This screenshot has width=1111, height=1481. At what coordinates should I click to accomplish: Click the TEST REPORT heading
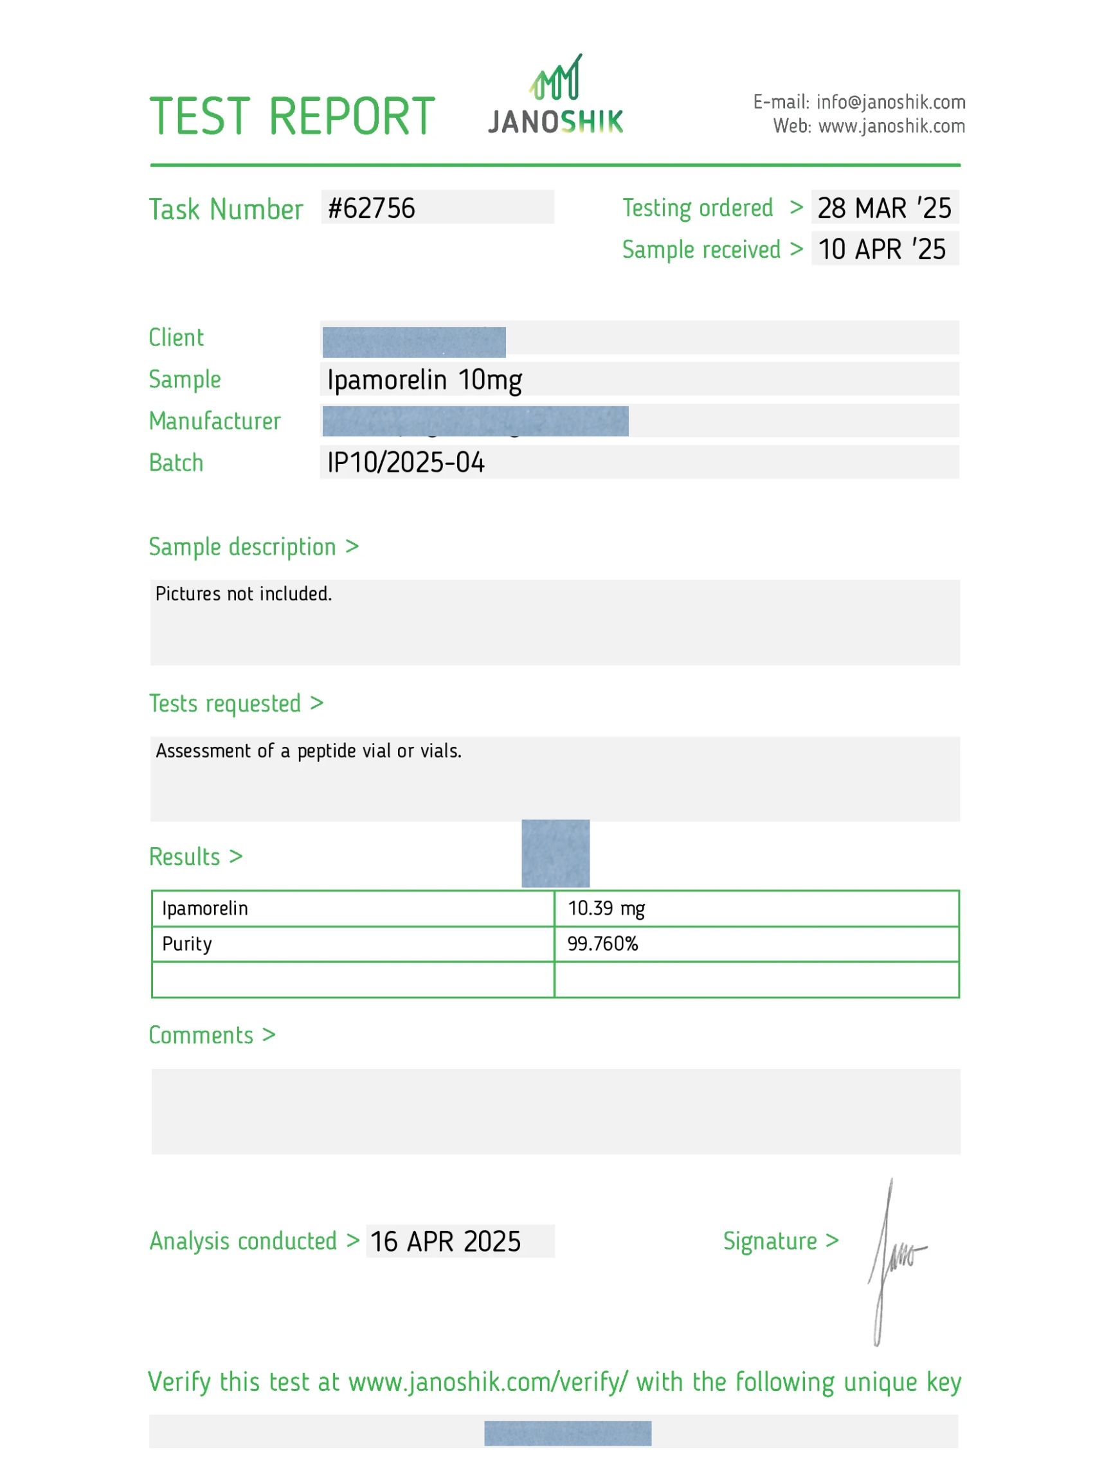coord(292,116)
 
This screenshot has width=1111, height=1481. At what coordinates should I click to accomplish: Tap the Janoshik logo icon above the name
coord(556,78)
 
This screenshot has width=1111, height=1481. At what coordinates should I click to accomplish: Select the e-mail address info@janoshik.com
coord(890,102)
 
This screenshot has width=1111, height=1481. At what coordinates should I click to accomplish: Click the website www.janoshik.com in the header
coord(890,127)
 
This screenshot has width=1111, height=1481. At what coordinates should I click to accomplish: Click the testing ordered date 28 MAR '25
coord(884,208)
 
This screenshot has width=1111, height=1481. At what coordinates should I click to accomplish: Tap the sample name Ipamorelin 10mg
coord(424,381)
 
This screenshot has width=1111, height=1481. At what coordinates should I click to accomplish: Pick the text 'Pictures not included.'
coord(244,594)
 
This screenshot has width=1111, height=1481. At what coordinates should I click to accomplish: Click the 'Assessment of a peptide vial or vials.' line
coord(309,751)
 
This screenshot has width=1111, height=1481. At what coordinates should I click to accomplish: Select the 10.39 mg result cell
coord(606,908)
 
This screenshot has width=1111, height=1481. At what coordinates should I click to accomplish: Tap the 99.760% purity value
coord(602,944)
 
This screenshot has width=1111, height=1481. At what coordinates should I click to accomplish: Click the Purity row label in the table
coord(187,944)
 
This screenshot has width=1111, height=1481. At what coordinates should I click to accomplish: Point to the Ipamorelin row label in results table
coord(205,908)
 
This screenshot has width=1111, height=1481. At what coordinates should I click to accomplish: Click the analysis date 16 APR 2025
coord(446,1242)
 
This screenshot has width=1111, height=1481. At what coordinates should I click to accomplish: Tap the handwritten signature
coord(894,1259)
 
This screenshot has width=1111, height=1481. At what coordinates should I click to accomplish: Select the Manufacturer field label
coord(215,421)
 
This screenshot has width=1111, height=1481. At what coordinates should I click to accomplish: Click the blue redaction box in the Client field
coord(414,342)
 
